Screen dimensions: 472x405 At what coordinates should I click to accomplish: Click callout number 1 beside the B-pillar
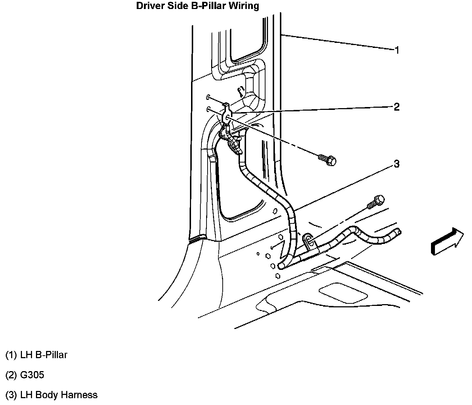click(x=397, y=50)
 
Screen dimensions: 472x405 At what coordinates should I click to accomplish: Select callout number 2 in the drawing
click(x=396, y=107)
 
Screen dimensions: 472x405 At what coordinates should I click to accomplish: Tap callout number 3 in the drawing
click(x=396, y=164)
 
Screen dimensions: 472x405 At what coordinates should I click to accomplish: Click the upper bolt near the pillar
click(x=328, y=159)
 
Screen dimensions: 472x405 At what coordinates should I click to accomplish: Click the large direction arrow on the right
click(x=446, y=241)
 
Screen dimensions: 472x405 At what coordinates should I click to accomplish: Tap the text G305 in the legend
click(x=32, y=375)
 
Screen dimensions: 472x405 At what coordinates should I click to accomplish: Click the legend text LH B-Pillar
click(x=44, y=355)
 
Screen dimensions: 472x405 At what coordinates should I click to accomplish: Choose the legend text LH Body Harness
click(x=59, y=395)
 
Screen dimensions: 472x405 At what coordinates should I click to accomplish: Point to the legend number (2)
click(x=11, y=375)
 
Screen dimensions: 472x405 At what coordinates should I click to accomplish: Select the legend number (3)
click(x=11, y=395)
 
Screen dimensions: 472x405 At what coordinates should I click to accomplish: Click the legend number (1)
click(x=11, y=355)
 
